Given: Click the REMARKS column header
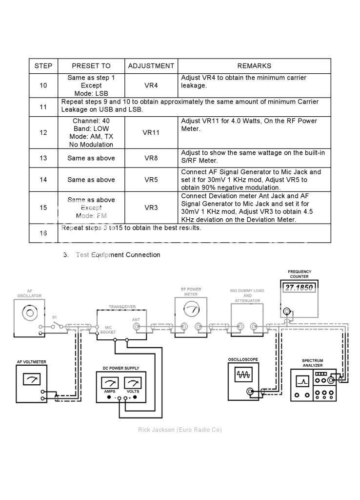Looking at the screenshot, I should tap(254, 66).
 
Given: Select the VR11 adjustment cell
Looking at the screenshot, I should tap(151, 132).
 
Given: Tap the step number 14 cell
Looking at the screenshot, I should tap(43, 180).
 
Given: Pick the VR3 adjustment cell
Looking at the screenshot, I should tap(151, 208).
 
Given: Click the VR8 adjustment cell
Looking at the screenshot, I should tap(151, 158).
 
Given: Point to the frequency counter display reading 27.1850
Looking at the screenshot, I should tap(299, 288).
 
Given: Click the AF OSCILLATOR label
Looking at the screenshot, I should tap(29, 293).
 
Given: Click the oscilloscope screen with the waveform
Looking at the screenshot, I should tap(242, 375).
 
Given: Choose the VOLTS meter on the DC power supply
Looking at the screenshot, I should tap(132, 384).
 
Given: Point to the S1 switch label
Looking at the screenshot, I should tap(55, 317).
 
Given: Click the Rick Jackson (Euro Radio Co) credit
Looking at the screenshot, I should tap(180, 430).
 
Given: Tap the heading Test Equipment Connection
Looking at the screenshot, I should tap(118, 255).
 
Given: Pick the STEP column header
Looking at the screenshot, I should tap(43, 66).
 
